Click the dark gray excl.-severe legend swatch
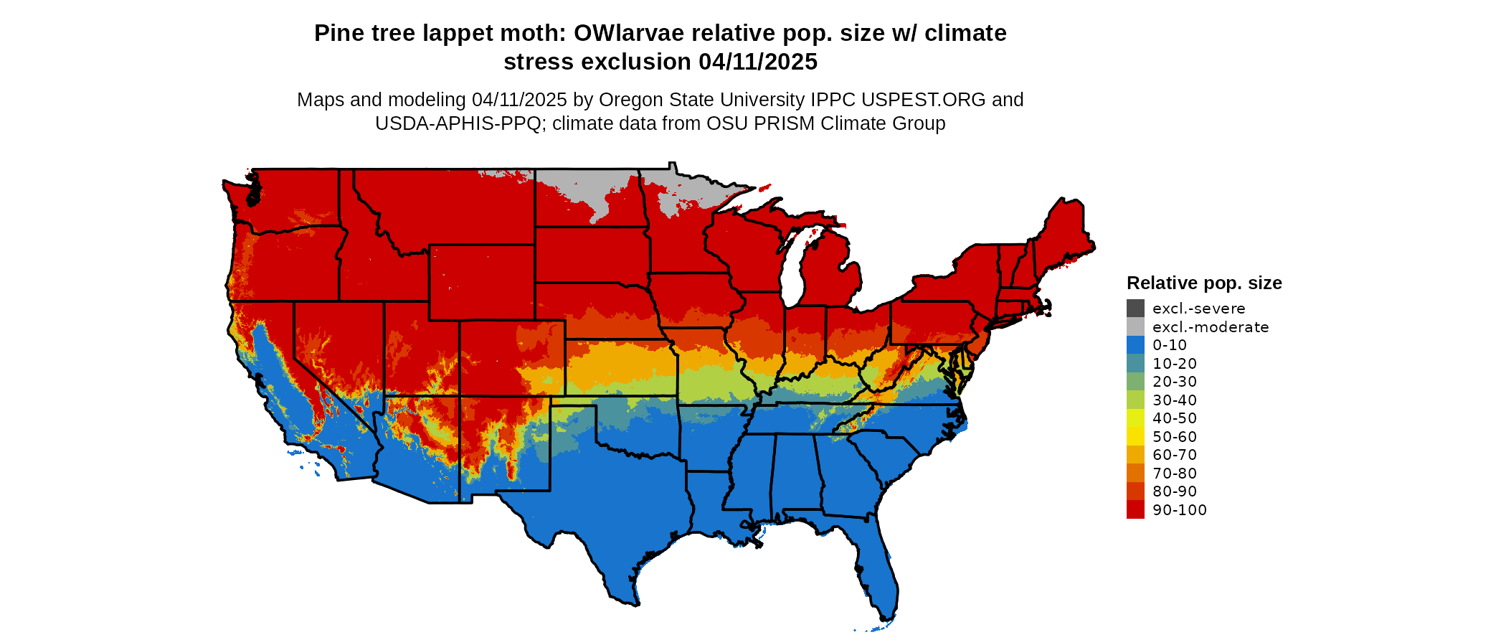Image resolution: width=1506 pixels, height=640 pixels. (1135, 309)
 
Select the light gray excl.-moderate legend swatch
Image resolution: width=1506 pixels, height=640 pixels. (1135, 327)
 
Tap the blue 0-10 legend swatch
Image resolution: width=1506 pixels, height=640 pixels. (1135, 345)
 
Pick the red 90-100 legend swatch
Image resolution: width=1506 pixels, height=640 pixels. (1135, 510)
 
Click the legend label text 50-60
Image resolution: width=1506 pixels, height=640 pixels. (1175, 437)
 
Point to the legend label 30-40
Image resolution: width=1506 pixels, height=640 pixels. (1175, 400)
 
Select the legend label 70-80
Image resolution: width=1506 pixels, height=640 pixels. (1175, 474)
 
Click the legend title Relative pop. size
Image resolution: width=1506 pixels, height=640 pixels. (1204, 283)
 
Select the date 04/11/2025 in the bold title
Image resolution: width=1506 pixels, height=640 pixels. (758, 62)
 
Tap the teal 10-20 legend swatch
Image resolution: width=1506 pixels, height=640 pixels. (1135, 364)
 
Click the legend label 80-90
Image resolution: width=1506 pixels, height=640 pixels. (1175, 491)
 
